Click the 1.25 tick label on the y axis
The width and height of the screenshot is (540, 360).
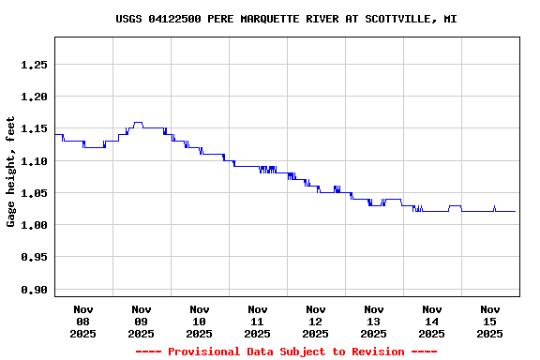[33, 65]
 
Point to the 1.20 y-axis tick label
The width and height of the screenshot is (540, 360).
[33, 97]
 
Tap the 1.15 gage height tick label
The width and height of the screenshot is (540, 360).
[33, 128]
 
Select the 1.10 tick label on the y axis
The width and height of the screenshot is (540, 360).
[33, 161]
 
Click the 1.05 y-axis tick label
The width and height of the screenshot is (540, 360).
[33, 193]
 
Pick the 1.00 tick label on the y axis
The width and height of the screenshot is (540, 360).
[33, 225]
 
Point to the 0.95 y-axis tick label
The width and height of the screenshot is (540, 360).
[33, 257]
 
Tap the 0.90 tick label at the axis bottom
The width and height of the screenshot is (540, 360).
[33, 289]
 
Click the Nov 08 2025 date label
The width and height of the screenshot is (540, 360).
[83, 321]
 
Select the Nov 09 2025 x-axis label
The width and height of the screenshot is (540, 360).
[142, 321]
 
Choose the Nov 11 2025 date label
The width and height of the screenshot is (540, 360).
[258, 321]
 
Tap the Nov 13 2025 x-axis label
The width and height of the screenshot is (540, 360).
[374, 321]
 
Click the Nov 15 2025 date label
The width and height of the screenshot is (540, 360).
[490, 321]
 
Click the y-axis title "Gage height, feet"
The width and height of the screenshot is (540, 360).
[11, 172]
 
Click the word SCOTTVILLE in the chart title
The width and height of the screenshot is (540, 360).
[397, 19]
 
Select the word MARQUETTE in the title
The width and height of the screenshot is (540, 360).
[270, 19]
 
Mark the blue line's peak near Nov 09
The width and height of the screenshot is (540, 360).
[138, 122]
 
